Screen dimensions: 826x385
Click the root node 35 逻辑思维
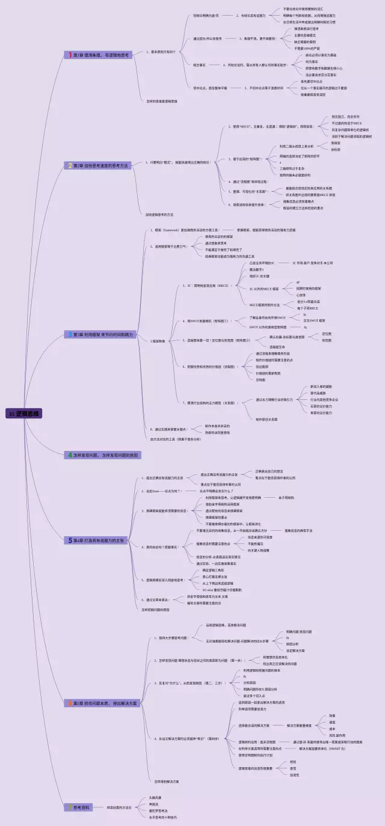[x=24, y=414]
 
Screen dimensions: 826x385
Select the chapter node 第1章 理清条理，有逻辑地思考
[x=99, y=55]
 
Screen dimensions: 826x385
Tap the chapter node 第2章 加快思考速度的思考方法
[x=100, y=165]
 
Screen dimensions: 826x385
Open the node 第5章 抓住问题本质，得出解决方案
[x=105, y=703]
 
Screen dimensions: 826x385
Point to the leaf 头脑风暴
[x=155, y=797]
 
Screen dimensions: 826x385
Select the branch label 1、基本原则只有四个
[x=161, y=52]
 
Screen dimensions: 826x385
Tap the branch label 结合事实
[x=199, y=64]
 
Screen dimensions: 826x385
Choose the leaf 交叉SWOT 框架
[x=315, y=320]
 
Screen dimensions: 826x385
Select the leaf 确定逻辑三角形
[x=213, y=570]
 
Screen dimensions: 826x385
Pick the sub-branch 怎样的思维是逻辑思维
[x=162, y=100]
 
